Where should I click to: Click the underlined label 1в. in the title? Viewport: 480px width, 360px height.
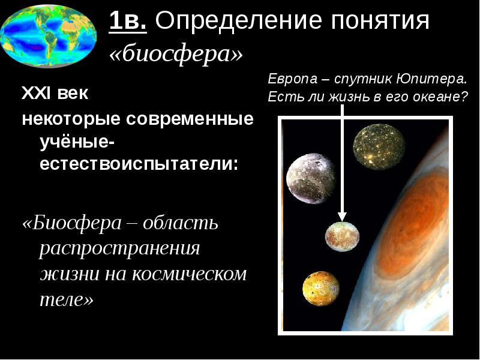[128, 21]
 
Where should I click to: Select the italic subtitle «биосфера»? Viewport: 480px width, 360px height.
[176, 54]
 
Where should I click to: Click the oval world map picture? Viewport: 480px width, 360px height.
[49, 36]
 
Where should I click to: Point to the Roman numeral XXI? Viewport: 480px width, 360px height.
[36, 93]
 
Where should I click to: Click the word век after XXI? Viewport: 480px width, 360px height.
[73, 94]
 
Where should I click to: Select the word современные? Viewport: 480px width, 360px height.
[190, 119]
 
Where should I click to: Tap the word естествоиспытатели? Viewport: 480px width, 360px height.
[139, 164]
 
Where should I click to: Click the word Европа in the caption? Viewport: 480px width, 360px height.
[293, 79]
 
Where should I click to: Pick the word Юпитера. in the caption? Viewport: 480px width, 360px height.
[431, 79]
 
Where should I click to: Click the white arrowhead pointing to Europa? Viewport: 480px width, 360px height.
[342, 217]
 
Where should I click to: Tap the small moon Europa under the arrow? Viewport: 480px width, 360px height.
[342, 236]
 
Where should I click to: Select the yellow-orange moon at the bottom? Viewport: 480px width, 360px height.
[321, 289]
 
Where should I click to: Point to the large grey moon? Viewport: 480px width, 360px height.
[311, 178]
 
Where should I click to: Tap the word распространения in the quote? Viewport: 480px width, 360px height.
[119, 248]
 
